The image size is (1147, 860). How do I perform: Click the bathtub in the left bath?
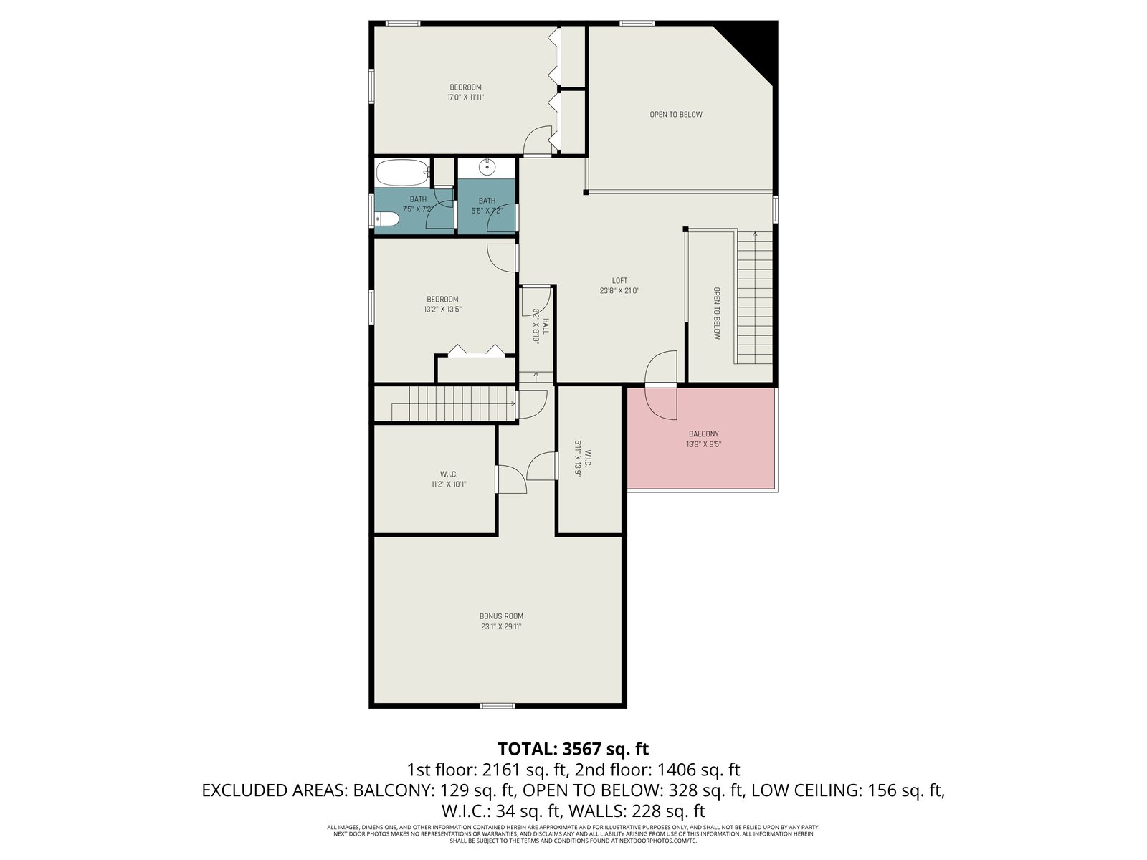(x=402, y=173)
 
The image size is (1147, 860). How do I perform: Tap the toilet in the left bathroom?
(x=386, y=219)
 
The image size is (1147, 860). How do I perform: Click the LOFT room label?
(x=620, y=280)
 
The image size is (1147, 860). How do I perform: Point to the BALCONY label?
(x=704, y=434)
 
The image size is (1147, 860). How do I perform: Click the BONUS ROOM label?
(x=501, y=616)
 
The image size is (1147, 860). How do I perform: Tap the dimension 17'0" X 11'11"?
(x=465, y=97)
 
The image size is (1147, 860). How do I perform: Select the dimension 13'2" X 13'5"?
(x=442, y=309)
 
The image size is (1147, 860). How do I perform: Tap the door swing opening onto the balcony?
(x=661, y=386)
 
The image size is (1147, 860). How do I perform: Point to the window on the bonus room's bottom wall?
(x=498, y=706)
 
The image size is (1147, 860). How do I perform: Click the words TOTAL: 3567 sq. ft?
(x=573, y=749)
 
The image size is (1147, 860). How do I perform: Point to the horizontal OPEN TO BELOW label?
(x=676, y=115)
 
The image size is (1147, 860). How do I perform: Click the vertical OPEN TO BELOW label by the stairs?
(x=717, y=313)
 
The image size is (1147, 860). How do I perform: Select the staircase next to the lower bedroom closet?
(x=445, y=403)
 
